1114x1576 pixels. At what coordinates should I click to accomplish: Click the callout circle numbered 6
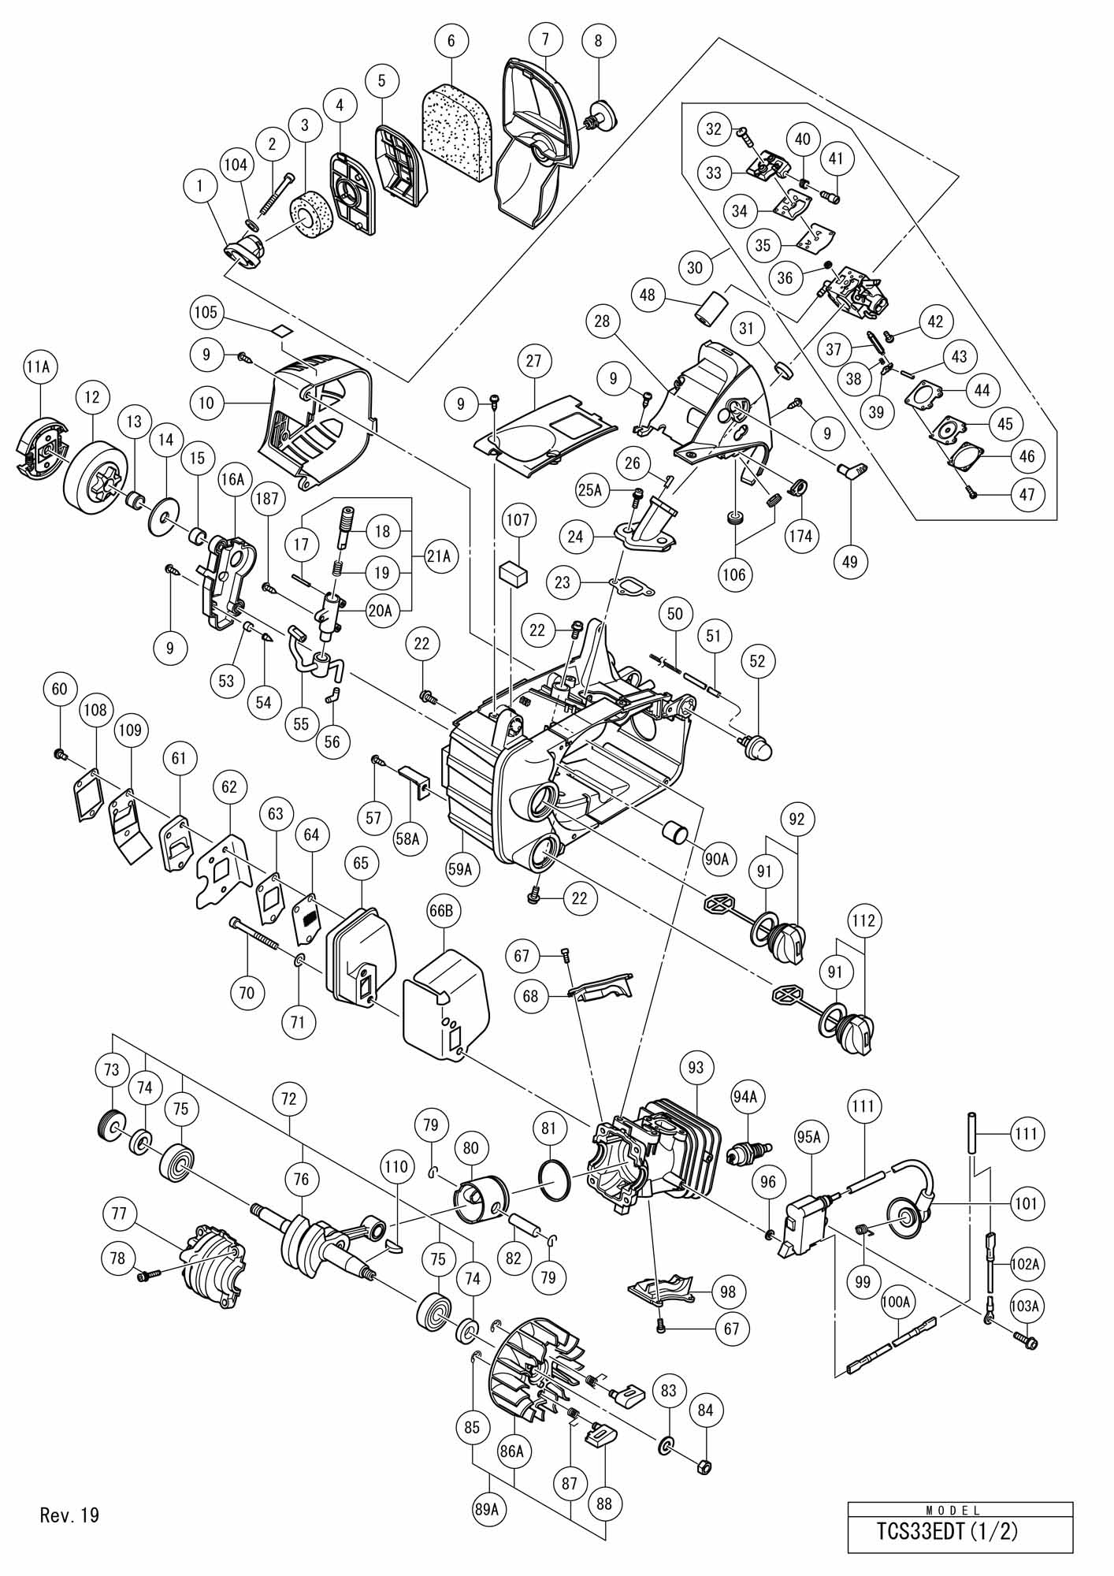pos(451,41)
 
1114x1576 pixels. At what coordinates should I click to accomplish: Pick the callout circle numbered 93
pos(695,1069)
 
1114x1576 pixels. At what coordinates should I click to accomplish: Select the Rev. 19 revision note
pos(69,1515)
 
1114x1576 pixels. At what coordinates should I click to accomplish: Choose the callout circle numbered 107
pos(518,521)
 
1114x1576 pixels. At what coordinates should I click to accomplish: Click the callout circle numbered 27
pos(535,362)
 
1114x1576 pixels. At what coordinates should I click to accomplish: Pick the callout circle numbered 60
pos(60,689)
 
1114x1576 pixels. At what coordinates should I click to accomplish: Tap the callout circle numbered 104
pos(236,165)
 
